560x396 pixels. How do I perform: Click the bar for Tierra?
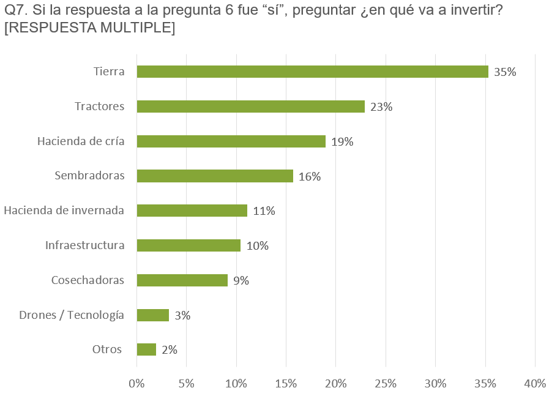[x=313, y=72]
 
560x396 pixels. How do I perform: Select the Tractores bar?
[x=251, y=106]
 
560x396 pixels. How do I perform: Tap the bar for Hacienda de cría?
[x=231, y=141]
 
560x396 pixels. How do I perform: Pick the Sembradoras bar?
[x=215, y=176]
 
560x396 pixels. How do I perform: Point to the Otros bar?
[x=146, y=349]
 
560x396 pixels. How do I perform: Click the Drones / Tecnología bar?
[x=153, y=315]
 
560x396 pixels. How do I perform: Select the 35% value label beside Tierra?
[x=505, y=72]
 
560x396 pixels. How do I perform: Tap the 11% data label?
[x=264, y=211]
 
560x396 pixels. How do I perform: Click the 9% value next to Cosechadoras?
[x=241, y=281]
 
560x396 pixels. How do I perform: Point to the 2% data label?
[x=170, y=350]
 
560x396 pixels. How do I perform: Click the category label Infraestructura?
[x=84, y=245]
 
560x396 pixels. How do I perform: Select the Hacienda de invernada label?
[x=64, y=211]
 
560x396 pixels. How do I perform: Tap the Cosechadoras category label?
[x=88, y=280]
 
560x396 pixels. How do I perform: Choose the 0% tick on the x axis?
[x=136, y=384]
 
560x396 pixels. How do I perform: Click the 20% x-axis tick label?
[x=336, y=384]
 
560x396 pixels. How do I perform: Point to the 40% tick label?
[x=535, y=384]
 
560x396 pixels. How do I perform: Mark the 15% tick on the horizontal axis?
[x=286, y=384]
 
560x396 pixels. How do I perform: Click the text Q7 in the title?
[x=16, y=10]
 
